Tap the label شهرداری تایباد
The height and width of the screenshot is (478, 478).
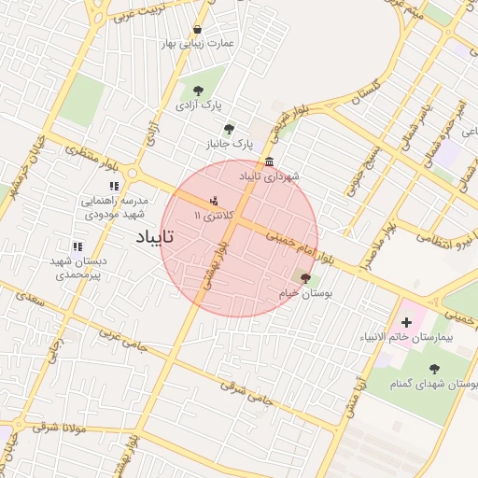click(269, 176)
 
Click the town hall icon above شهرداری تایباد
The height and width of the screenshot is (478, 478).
click(270, 161)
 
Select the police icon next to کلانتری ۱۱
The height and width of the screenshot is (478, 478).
click(215, 199)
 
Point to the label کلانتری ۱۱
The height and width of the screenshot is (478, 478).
click(209, 215)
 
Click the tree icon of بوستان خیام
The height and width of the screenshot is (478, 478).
click(305, 277)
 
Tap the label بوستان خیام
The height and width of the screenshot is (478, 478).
click(305, 293)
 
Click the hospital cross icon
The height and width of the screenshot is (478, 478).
click(405, 322)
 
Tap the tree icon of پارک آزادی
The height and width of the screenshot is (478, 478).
click(198, 91)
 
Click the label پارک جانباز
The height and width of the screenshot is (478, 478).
click(230, 144)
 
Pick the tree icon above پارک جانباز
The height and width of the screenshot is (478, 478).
click(230, 129)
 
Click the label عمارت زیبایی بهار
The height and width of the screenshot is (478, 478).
click(196, 44)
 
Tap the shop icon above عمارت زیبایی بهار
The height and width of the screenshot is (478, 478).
click(196, 29)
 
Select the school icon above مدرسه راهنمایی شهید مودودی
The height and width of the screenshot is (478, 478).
click(114, 187)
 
